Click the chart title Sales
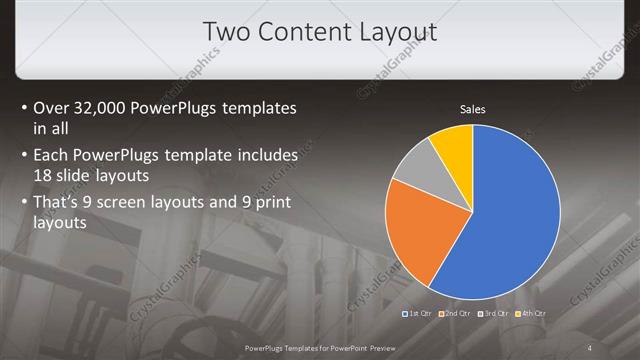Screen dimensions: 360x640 [472, 110]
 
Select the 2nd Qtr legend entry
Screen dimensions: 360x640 [459, 313]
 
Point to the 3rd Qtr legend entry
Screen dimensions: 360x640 [499, 313]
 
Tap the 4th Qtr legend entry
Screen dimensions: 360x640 [533, 313]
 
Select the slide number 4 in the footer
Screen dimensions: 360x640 [589, 347]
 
